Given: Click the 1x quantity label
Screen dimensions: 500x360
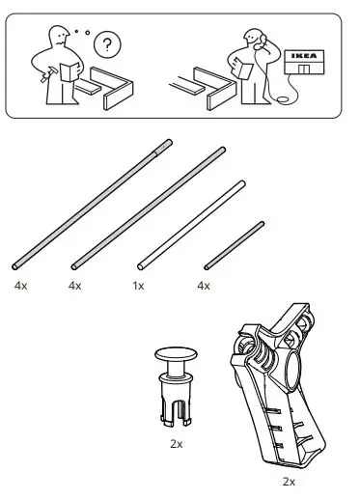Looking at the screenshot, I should click(x=138, y=286).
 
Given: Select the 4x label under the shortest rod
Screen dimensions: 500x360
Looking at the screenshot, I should click(x=204, y=286).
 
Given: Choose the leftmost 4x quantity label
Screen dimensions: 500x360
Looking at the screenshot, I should click(x=21, y=286).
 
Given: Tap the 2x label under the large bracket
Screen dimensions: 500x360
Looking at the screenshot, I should click(x=288, y=480).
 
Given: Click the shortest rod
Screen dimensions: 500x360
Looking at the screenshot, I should click(x=233, y=245).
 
